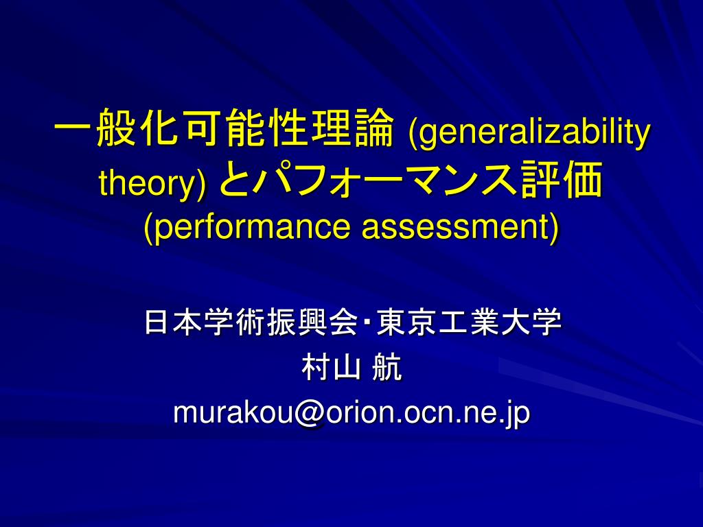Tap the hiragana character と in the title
(235, 180)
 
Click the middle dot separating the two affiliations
(367, 322)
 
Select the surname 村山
(332, 368)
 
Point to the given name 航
(387, 368)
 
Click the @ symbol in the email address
(310, 413)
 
